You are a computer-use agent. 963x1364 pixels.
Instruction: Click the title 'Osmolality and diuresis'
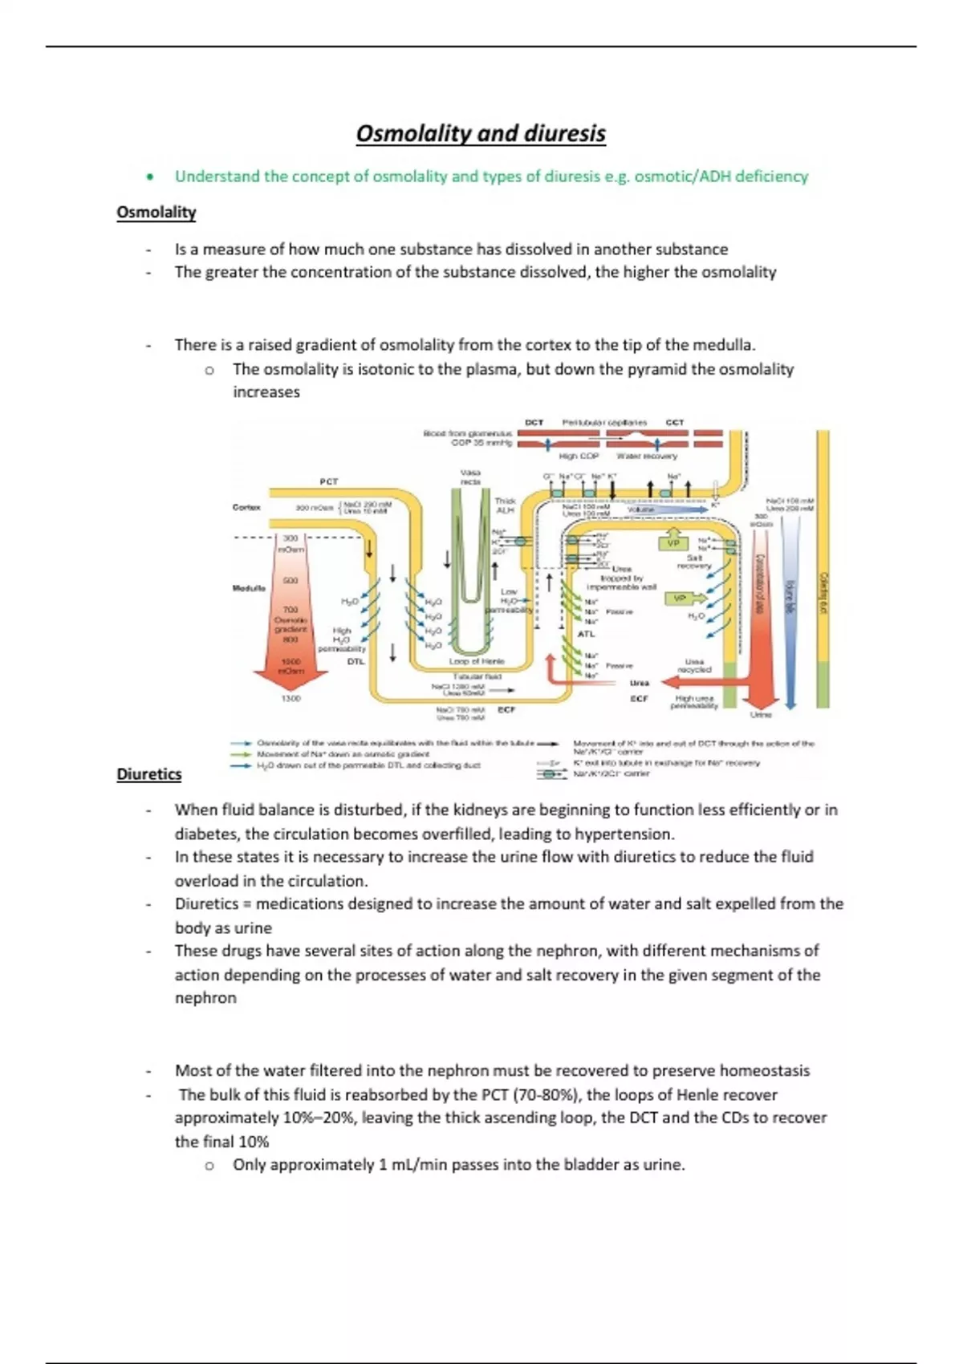[x=481, y=133]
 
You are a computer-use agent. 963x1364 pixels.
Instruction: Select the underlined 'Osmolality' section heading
[x=156, y=213]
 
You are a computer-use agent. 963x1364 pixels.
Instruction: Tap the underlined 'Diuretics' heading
[x=149, y=774]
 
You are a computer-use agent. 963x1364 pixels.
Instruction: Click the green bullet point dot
[x=148, y=177]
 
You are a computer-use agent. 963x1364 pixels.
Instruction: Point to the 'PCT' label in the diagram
[x=329, y=481]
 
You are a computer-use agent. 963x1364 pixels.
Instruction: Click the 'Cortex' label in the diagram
[x=246, y=507]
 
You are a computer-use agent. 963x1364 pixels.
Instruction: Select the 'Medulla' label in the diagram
[x=249, y=588]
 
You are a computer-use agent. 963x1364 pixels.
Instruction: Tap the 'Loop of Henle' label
[x=477, y=661]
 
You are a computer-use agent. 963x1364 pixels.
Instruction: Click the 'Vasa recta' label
[x=470, y=477]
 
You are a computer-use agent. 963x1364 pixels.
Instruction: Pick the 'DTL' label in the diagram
[x=356, y=662]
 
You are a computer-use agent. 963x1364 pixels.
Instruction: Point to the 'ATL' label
[x=587, y=634]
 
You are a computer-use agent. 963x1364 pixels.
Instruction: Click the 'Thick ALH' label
[x=505, y=505]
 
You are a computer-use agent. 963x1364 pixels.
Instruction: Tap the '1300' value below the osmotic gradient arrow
[x=291, y=699]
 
